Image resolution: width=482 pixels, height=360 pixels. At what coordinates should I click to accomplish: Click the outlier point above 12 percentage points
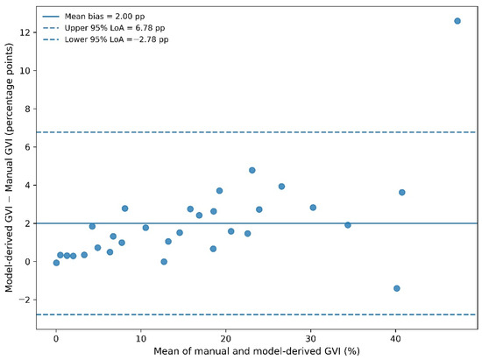[457, 21]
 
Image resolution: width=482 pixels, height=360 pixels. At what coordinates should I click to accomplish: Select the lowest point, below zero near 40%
[396, 288]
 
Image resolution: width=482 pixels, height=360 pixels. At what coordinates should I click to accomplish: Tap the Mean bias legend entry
[94, 17]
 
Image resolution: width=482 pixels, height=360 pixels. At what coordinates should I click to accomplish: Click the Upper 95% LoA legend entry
[103, 28]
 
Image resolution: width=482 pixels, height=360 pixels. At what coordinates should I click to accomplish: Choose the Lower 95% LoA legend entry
[105, 39]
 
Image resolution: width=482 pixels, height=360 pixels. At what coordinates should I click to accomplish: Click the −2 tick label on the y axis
[25, 300]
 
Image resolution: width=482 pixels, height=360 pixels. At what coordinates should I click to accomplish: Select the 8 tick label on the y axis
[27, 109]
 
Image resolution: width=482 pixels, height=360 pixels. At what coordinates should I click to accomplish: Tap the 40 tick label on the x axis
[395, 338]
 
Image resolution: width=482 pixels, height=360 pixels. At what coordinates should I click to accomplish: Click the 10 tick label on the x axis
[141, 338]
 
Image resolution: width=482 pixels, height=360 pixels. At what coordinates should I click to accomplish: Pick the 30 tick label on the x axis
[310, 338]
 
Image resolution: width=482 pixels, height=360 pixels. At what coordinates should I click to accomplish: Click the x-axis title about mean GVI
[257, 351]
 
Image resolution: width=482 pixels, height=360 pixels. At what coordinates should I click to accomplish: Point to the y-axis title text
[9, 167]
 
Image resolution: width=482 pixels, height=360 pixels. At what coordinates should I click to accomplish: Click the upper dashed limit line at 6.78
[257, 132]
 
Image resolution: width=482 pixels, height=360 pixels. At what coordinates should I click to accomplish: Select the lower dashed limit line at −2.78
[257, 314]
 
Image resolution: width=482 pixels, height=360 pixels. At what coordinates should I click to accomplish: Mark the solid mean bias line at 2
[257, 223]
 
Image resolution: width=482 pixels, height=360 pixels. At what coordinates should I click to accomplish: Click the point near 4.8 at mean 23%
[252, 170]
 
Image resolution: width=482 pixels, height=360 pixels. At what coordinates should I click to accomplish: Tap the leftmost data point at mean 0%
[56, 263]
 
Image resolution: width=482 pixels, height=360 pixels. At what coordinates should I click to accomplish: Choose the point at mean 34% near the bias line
[348, 225]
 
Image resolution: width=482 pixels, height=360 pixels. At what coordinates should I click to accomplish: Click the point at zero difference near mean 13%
[164, 262]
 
